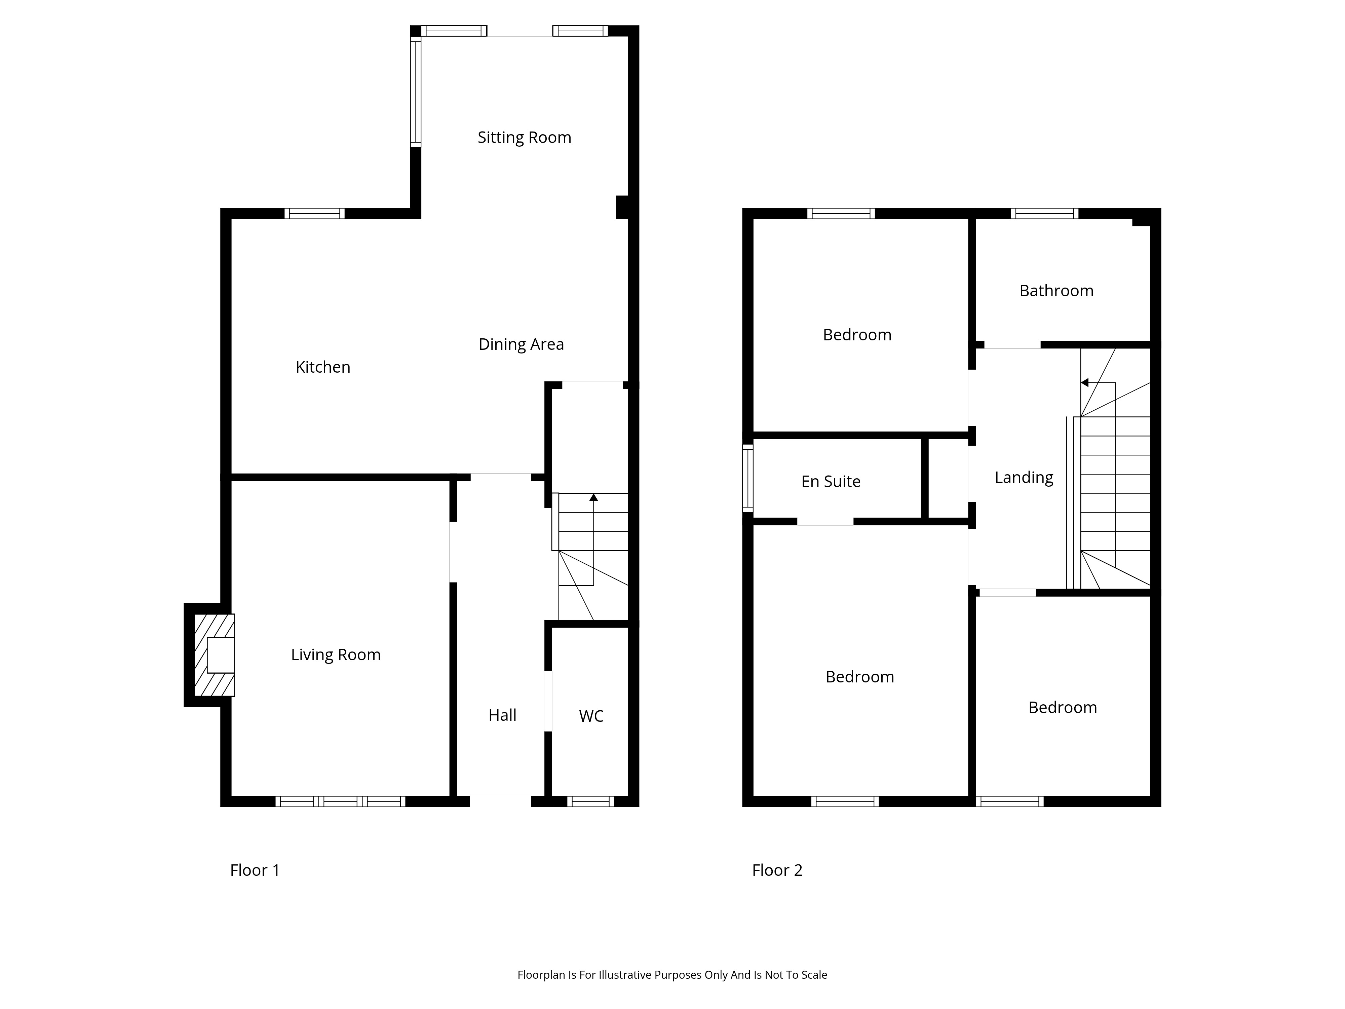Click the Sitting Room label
[524, 138]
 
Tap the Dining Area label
[521, 345]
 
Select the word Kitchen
[323, 367]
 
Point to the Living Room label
[336, 655]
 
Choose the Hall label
[502, 715]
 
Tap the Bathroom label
[1056, 291]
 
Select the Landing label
[1024, 478]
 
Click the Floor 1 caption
[255, 870]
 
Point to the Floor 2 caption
[777, 870]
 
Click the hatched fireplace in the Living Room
[214, 655]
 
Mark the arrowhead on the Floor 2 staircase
[1084, 382]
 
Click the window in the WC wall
[590, 801]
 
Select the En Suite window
[748, 478]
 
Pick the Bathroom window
[1044, 214]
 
